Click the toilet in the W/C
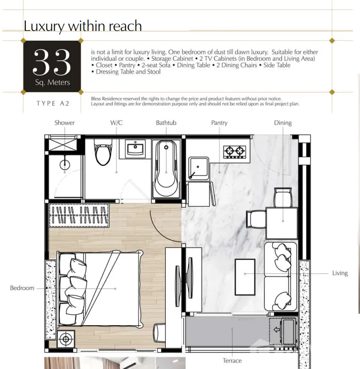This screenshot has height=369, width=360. (x=103, y=152)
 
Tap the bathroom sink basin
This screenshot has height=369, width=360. (x=135, y=149)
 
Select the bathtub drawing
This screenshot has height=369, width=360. (x=166, y=169)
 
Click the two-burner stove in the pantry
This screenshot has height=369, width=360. (x=235, y=152)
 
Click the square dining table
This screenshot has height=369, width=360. (x=282, y=223)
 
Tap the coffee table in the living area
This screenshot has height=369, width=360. (x=245, y=277)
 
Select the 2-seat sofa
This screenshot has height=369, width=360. (x=280, y=276)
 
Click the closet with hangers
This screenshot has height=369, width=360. (x=79, y=215)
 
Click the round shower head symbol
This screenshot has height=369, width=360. (x=65, y=164)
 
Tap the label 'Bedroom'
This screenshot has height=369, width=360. (x=22, y=288)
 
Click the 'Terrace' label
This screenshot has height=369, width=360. (x=232, y=361)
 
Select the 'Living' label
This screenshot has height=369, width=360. (x=340, y=273)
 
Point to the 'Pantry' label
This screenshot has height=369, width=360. (x=219, y=123)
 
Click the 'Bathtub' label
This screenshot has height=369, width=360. (x=166, y=123)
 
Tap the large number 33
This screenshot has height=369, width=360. (x=52, y=62)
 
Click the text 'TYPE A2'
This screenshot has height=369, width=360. (x=53, y=104)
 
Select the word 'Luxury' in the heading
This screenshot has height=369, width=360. (x=44, y=26)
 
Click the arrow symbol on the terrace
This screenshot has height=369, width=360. (x=277, y=330)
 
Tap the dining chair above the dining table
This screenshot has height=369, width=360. (x=283, y=197)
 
